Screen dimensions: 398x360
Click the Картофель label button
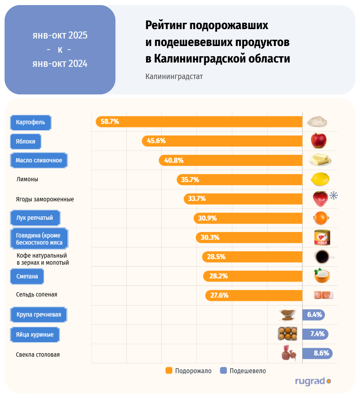[x=31, y=122]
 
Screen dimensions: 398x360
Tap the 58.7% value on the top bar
[x=110, y=122]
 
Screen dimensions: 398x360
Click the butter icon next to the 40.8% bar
[x=320, y=160]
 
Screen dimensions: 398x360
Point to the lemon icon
[x=320, y=179]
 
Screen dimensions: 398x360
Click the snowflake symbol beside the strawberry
[x=334, y=195]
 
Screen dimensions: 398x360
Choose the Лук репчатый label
[x=31, y=217]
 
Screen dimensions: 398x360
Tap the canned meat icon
[x=321, y=237]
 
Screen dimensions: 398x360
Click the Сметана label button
[x=27, y=276]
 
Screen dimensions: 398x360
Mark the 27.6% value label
[x=219, y=295]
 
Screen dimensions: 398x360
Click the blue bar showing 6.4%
[x=313, y=315]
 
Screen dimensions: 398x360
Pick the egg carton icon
[x=288, y=334]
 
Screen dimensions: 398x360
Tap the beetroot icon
[x=289, y=353]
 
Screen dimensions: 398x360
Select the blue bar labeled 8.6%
[x=317, y=353]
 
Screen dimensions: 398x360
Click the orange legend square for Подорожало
[x=169, y=370]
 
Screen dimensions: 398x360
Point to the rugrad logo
[x=313, y=381]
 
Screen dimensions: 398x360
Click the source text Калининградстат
[x=174, y=76]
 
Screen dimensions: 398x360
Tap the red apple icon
[x=318, y=140]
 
